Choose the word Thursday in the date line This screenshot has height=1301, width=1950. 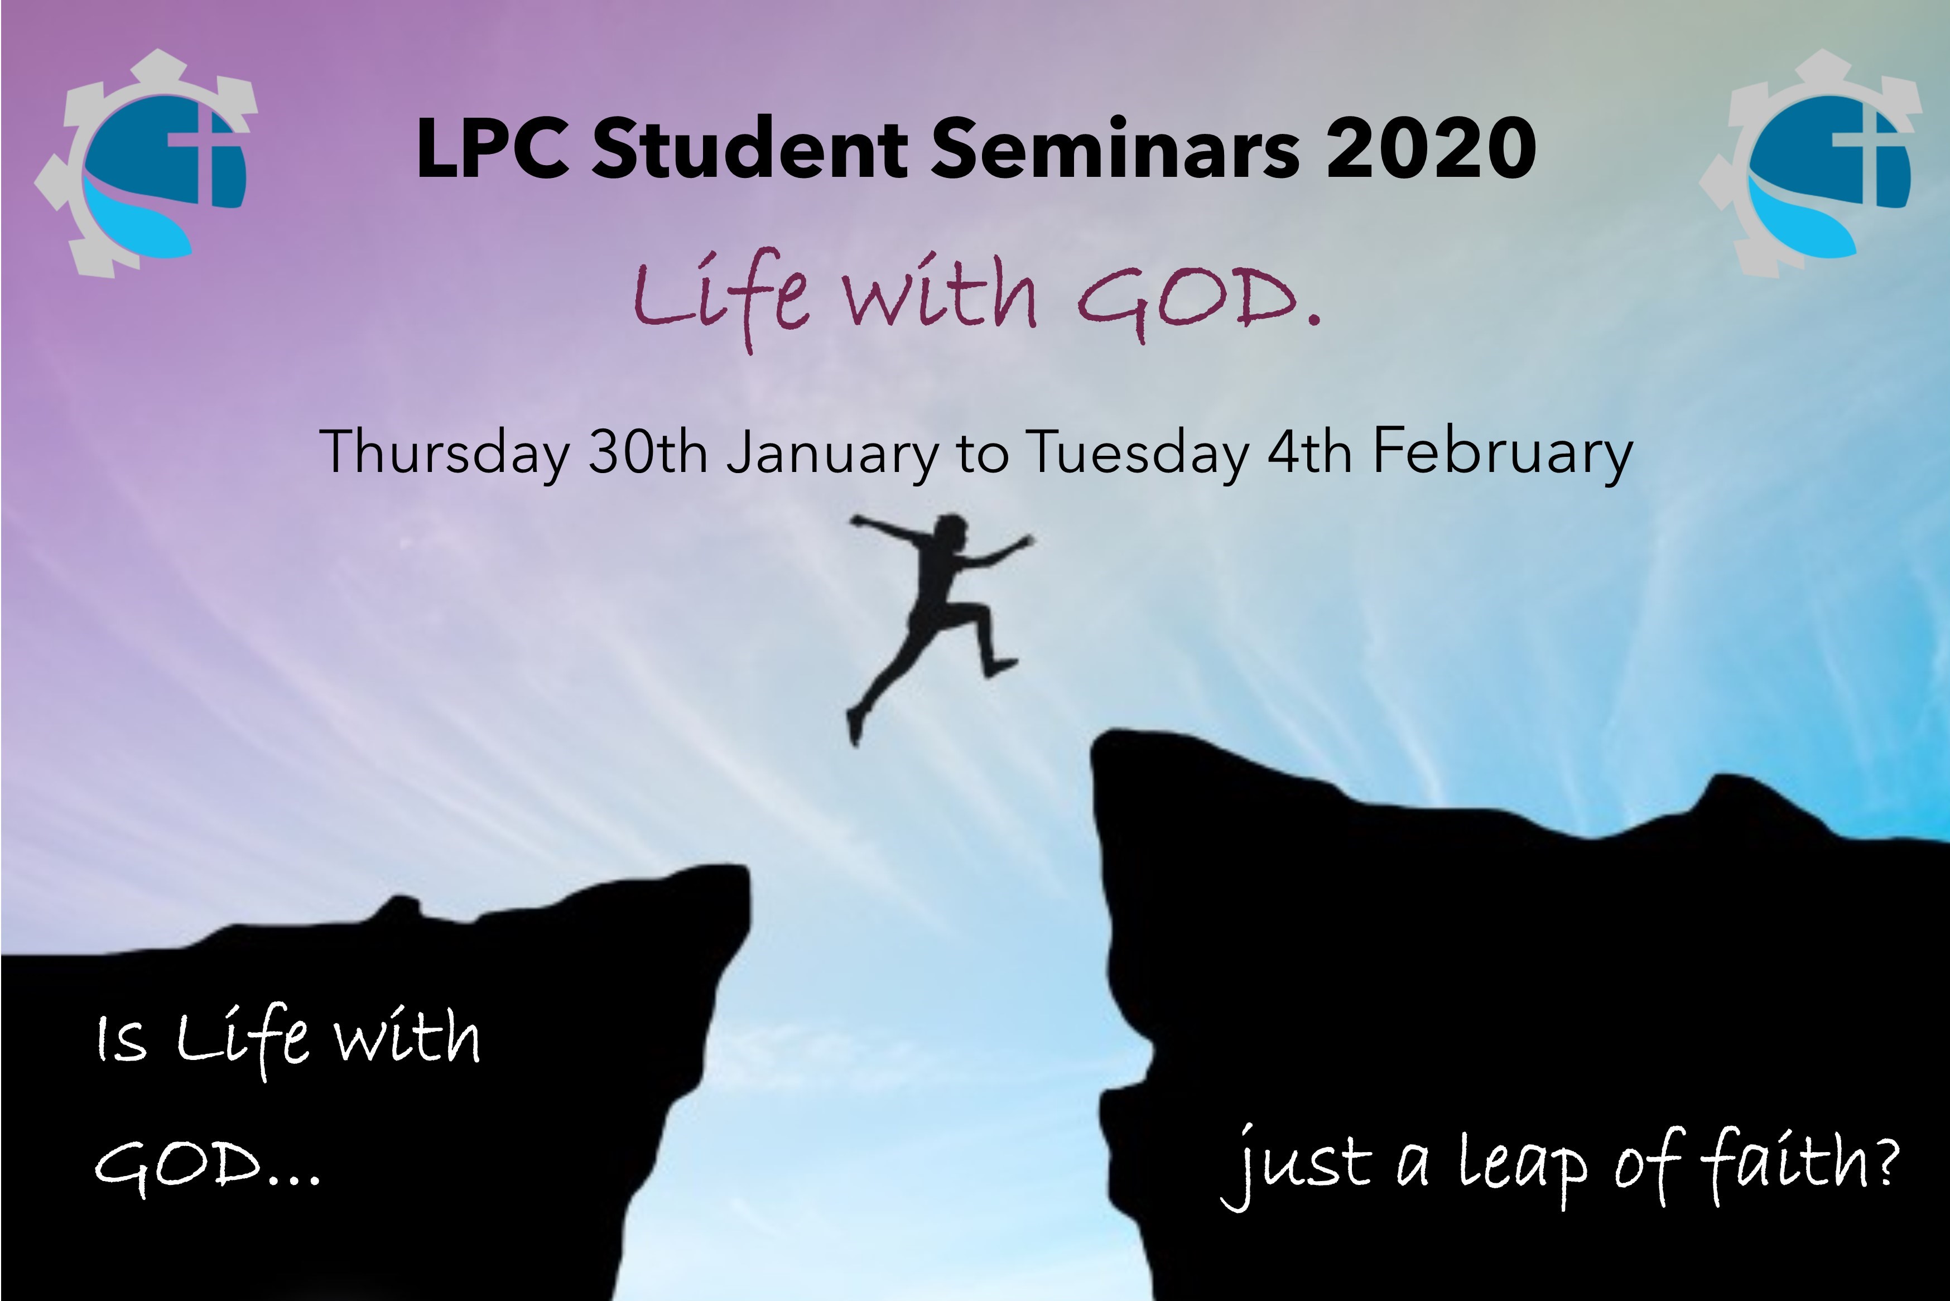pyautogui.click(x=445, y=453)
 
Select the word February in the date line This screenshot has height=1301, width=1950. pyautogui.click(x=1502, y=453)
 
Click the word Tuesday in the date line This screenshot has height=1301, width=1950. pyautogui.click(x=1137, y=453)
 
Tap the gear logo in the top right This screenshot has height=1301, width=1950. pyautogui.click(x=1811, y=163)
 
